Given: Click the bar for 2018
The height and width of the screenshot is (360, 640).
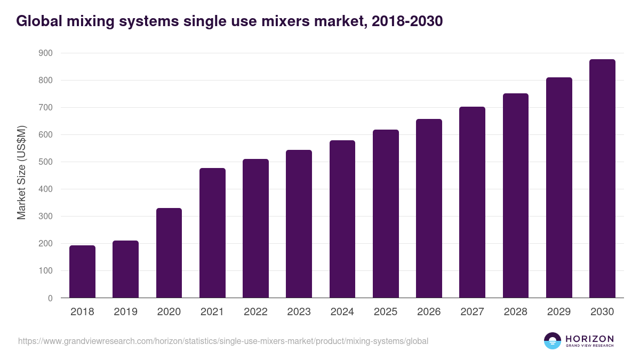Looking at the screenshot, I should coord(82,271).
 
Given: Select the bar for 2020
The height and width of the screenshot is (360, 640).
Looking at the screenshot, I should coord(169,253).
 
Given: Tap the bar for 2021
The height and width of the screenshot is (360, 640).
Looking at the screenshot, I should coord(212,233).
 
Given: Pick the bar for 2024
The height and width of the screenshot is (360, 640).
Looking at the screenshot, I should coord(342,219).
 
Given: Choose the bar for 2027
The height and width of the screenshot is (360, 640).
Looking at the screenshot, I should coord(473,202).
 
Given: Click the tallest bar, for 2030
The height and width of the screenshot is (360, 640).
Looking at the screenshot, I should coord(602,179).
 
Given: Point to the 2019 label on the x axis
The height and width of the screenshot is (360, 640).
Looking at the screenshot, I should coord(126,311).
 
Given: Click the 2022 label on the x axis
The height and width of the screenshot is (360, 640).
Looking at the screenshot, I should coord(255,311).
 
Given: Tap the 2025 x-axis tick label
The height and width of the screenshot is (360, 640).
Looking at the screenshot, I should coord(386,311).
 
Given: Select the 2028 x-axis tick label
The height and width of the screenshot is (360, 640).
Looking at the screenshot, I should coord(516,311).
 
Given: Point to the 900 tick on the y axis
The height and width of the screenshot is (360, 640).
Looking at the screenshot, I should coord(45,53).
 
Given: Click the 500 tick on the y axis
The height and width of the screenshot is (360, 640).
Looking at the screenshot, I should coord(45,162).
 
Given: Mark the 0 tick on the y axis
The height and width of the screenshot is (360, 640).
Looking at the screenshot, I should coord(50,298).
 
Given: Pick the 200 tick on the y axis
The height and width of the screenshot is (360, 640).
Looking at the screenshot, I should coord(45,244).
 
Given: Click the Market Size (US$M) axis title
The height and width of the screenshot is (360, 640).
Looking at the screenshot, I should coord(22,173).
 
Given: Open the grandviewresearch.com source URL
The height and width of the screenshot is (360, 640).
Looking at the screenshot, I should coord(223,341).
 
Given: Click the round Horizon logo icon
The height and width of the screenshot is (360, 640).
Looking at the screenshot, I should coord(553,341).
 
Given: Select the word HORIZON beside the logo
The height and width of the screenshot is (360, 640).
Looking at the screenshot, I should coord(589,339).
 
